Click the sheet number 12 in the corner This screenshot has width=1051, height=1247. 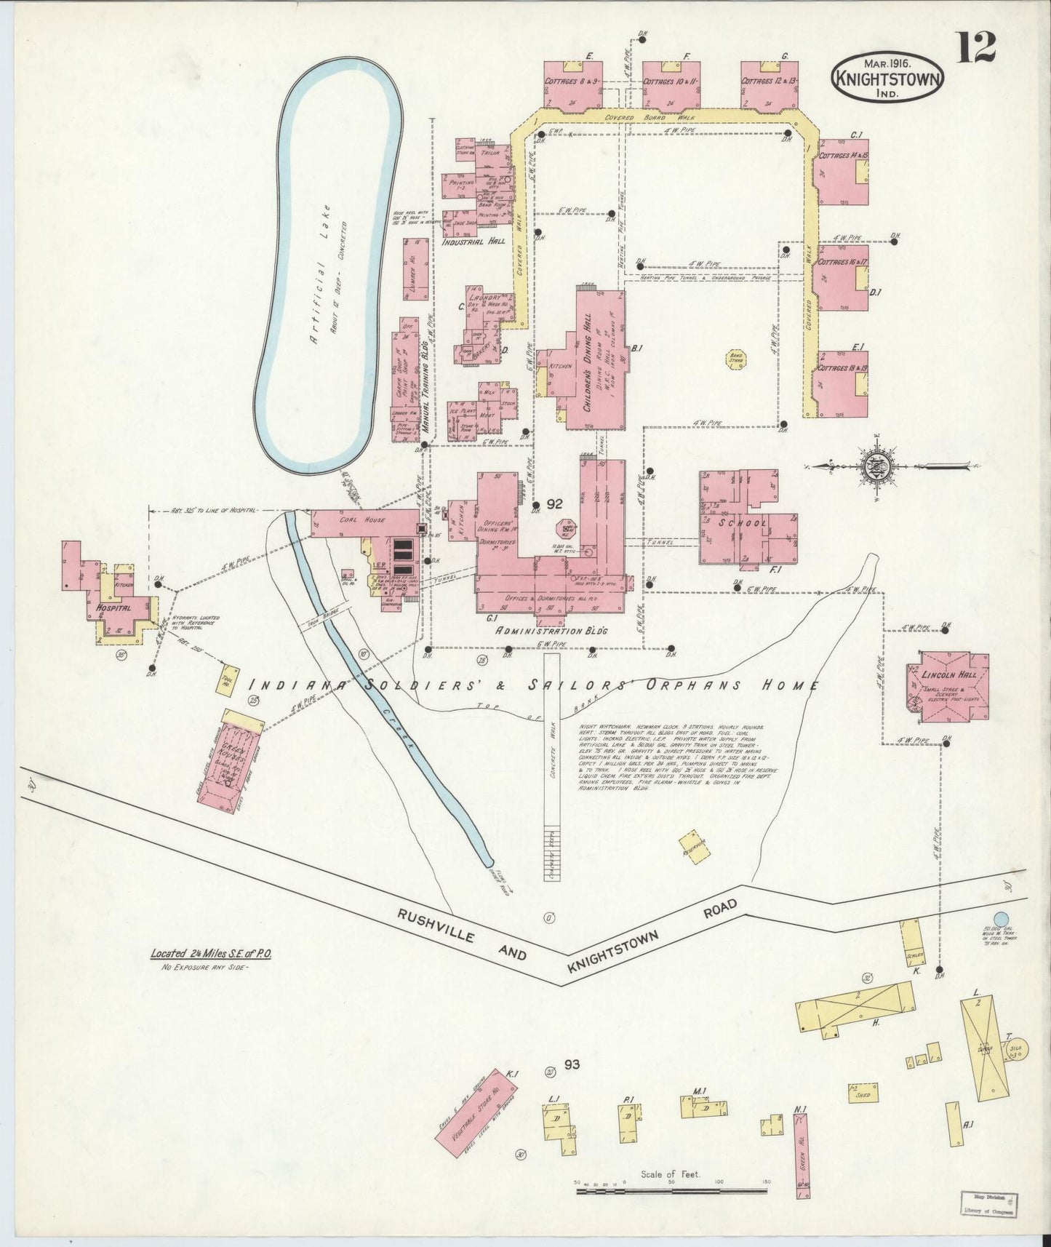pos(977,49)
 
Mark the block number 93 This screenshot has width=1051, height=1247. pos(571,1065)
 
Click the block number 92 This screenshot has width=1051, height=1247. pos(555,503)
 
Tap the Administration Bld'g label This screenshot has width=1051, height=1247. pos(550,631)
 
